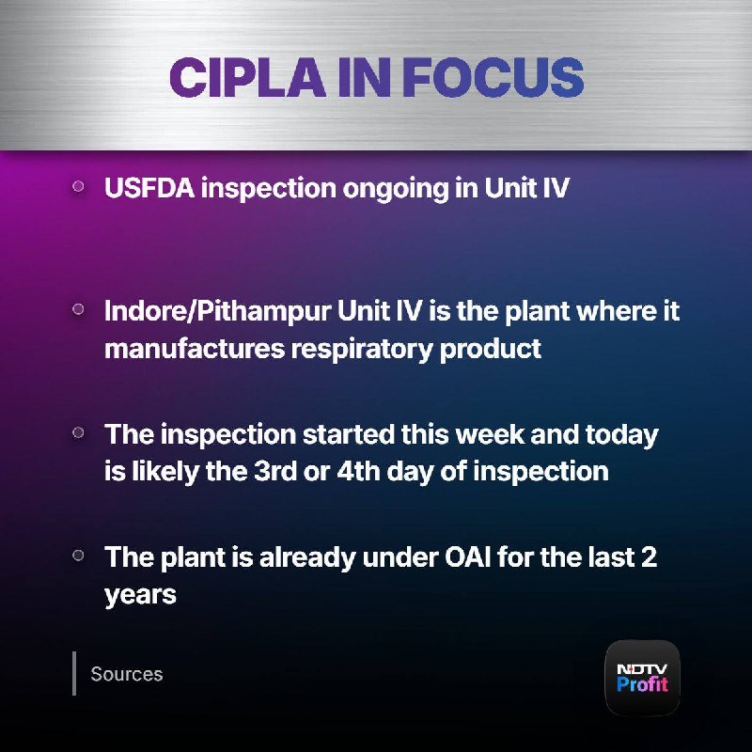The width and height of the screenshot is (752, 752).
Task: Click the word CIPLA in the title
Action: pyautogui.click(x=247, y=77)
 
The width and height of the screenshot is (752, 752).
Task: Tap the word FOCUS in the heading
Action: pyautogui.click(x=493, y=77)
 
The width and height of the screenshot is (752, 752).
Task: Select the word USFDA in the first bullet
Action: pyautogui.click(x=149, y=187)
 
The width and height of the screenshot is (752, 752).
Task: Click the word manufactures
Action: pyautogui.click(x=195, y=348)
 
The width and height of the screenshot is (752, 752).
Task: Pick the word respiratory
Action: pyautogui.click(x=362, y=350)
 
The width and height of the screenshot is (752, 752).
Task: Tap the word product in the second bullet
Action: pyautogui.click(x=490, y=350)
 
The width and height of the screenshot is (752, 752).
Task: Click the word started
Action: pyautogui.click(x=348, y=434)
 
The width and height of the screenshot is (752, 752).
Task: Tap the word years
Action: pyautogui.click(x=140, y=596)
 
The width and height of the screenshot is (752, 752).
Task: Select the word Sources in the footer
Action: pyautogui.click(x=127, y=674)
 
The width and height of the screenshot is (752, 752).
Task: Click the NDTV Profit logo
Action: pyautogui.click(x=642, y=678)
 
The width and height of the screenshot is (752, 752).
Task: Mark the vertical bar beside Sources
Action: pyautogui.click(x=74, y=673)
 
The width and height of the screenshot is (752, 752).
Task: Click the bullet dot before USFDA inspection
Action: pyautogui.click(x=78, y=186)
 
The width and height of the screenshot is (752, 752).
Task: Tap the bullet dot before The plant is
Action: pyautogui.click(x=78, y=556)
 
